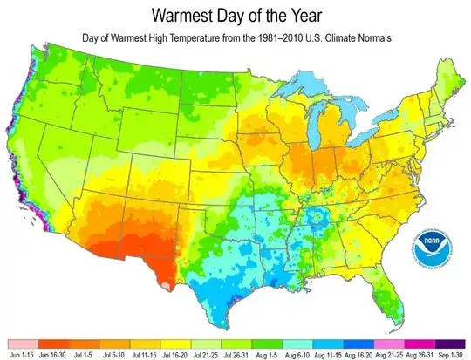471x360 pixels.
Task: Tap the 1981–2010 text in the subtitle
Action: [283, 38]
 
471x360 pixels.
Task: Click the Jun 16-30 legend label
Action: [56, 356]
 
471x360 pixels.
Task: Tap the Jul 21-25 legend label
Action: [207, 356]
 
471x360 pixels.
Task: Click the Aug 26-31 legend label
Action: [417, 356]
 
